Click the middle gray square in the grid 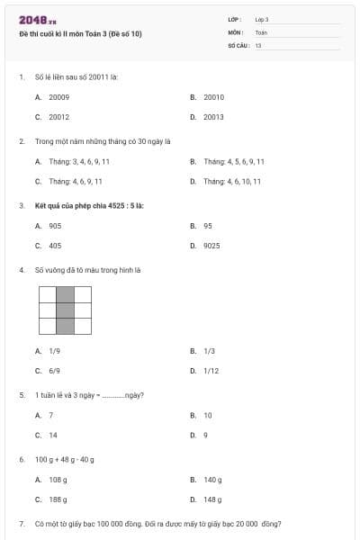[x=65, y=310]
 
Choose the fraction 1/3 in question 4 [x=209, y=350]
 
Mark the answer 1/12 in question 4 [x=211, y=370]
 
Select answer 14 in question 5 [x=52, y=435]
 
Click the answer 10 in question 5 [x=208, y=415]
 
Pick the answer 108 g [x=58, y=480]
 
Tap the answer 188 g [x=58, y=499]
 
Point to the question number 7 [x=21, y=523]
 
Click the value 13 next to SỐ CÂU [x=258, y=44]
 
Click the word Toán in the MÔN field [x=261, y=31]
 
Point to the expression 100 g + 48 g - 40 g [x=65, y=459]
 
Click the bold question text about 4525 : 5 [x=89, y=205]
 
